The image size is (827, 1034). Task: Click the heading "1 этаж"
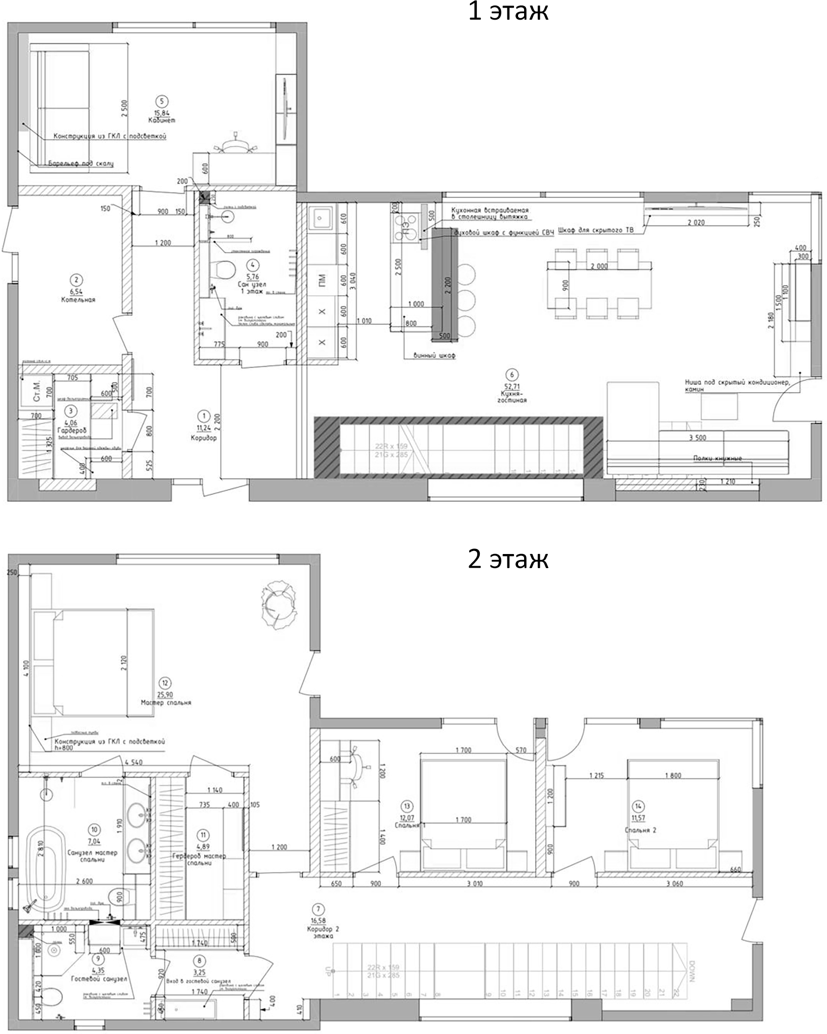click(507, 11)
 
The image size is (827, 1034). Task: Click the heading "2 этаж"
click(507, 559)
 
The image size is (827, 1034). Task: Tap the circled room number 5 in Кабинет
click(162, 102)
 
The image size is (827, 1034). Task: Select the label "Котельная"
click(78, 300)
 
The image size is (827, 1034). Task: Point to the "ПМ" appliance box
click(322, 281)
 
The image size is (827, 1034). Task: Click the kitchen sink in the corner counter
click(321, 218)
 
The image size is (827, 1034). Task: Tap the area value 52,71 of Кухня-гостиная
click(512, 387)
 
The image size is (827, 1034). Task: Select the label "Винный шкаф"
click(434, 356)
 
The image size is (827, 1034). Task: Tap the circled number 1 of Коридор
click(204, 416)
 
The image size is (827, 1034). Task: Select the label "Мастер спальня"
click(166, 703)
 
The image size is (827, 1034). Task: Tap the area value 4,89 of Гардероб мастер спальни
click(203, 847)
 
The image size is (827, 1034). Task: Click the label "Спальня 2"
click(641, 831)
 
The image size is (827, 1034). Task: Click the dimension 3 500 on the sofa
click(697, 438)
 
